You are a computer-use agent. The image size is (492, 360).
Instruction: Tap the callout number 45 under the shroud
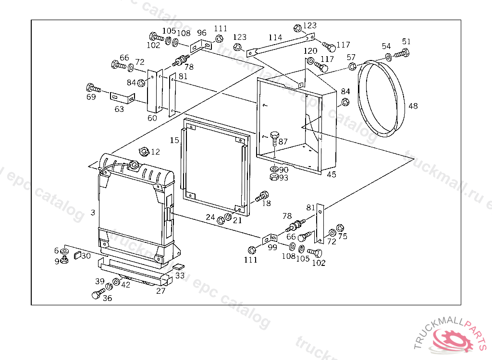pos(332,175)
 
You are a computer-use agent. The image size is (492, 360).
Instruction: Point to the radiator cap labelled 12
pos(143,152)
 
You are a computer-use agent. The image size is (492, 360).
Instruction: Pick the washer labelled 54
pos(388,58)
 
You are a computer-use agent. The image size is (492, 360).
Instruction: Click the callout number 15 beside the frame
pos(174,140)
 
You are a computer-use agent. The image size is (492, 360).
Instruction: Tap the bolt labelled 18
pos(262,196)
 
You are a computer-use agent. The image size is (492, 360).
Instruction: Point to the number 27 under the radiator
pos(160,290)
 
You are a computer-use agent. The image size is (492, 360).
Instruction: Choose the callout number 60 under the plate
pos(152,118)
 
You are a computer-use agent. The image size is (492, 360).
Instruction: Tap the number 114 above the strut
pos(275,37)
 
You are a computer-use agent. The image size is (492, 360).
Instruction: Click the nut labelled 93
pos(273,178)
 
